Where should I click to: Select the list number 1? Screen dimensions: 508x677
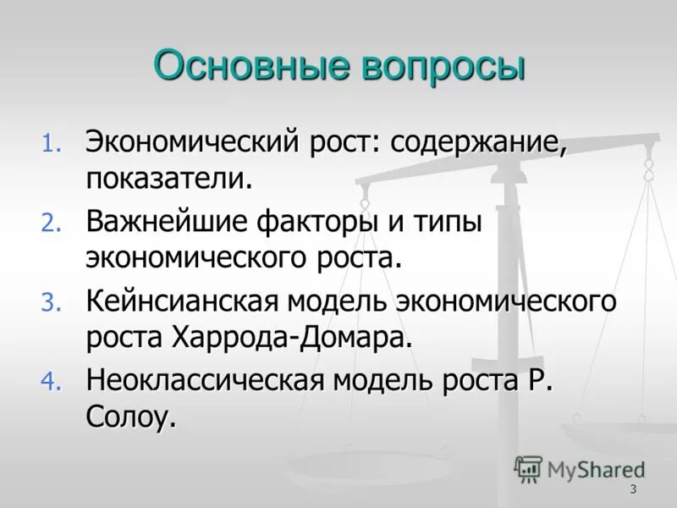pyautogui.click(x=52, y=143)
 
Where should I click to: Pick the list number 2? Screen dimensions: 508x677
pyautogui.click(x=52, y=224)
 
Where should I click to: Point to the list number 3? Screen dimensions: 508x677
pyautogui.click(x=52, y=303)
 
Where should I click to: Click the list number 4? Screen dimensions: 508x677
pyautogui.click(x=52, y=384)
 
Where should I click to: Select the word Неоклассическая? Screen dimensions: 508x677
pyautogui.click(x=204, y=381)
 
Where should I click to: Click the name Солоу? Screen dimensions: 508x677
pyautogui.click(x=130, y=418)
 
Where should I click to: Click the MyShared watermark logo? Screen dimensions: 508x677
pyautogui.click(x=580, y=468)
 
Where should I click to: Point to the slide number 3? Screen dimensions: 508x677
pyautogui.click(x=633, y=491)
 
